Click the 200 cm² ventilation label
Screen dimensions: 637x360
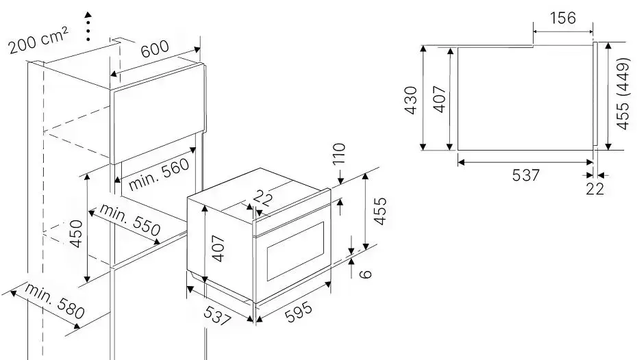(x=38, y=40)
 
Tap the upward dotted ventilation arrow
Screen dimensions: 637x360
(x=88, y=26)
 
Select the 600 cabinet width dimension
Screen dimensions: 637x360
(x=155, y=49)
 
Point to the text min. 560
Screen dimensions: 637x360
(x=159, y=174)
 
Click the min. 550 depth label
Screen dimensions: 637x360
(x=130, y=220)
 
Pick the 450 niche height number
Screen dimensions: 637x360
(x=77, y=233)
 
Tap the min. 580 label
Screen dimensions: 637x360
(x=55, y=300)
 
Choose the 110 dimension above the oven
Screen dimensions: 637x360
(x=339, y=154)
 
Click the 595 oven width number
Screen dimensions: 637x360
(x=299, y=311)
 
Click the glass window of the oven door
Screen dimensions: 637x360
(x=295, y=250)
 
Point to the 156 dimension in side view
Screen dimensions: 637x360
(x=562, y=18)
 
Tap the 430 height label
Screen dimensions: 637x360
(x=411, y=100)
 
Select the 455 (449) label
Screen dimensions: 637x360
(x=623, y=94)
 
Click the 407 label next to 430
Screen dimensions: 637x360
(x=440, y=99)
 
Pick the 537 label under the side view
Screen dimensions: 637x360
(x=525, y=175)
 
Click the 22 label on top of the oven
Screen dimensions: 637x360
(x=263, y=198)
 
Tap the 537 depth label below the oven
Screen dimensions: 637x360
(x=217, y=316)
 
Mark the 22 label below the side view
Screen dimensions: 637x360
(x=595, y=189)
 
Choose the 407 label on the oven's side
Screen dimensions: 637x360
(x=218, y=248)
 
